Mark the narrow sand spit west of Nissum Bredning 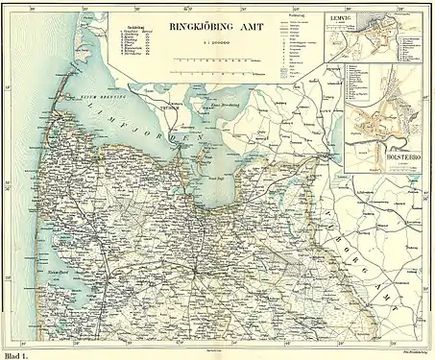tap(60, 96)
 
